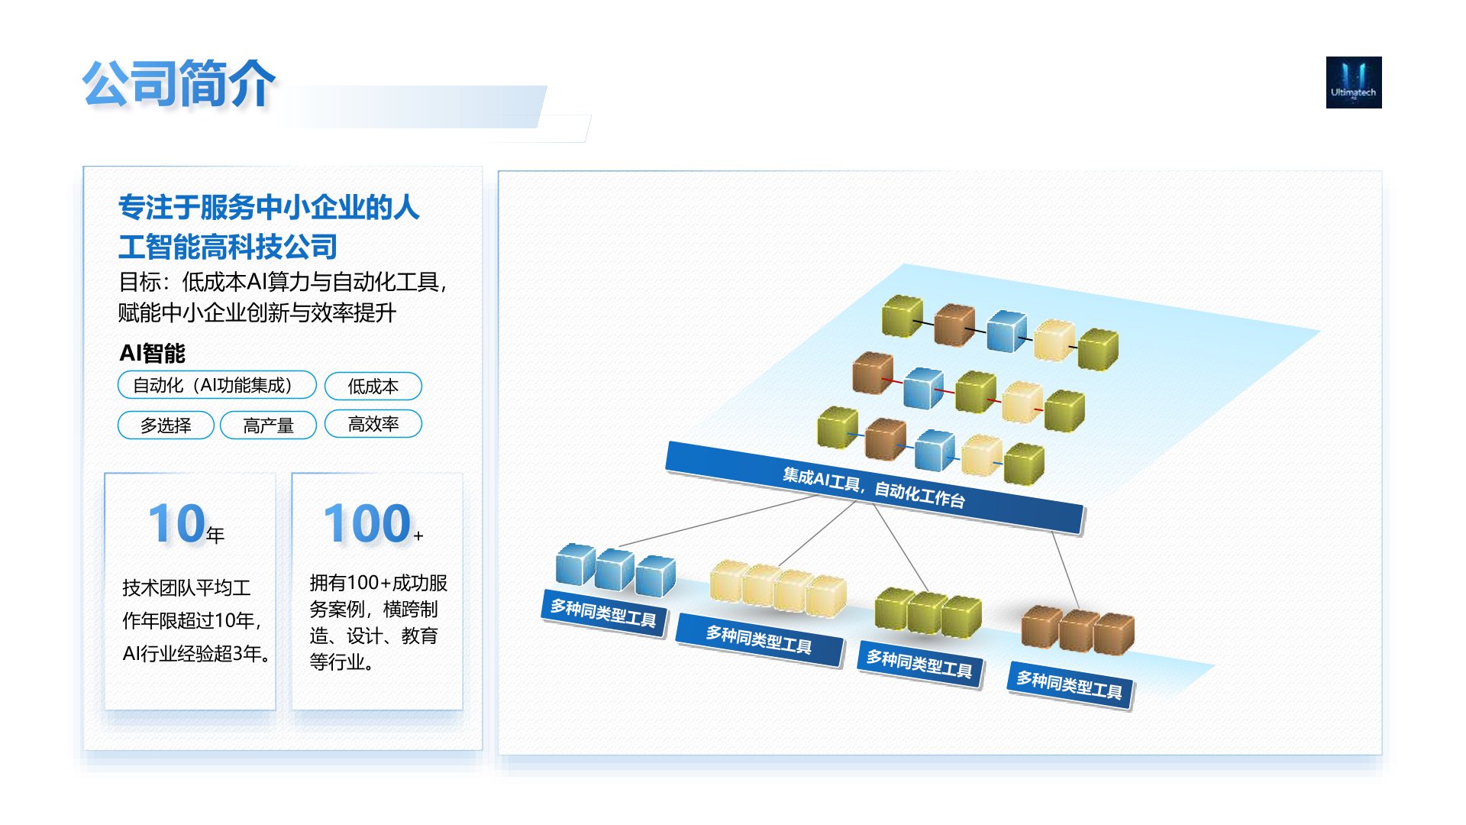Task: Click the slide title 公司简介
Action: click(x=179, y=83)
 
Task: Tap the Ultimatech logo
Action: click(x=1354, y=82)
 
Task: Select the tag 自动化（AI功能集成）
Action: click(x=217, y=385)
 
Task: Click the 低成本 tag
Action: click(x=373, y=386)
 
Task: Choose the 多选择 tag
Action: click(x=166, y=425)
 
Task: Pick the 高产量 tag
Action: click(x=268, y=425)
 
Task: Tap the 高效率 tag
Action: click(x=373, y=424)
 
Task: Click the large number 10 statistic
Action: click(x=176, y=524)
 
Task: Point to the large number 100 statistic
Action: click(x=367, y=524)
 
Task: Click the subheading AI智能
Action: click(x=153, y=353)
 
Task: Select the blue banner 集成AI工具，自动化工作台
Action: click(x=875, y=487)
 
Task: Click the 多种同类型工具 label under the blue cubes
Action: click(x=603, y=613)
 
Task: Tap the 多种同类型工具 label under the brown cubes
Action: click(x=1070, y=685)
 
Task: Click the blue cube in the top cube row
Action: click(x=1006, y=331)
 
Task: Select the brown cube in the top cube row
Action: click(x=954, y=325)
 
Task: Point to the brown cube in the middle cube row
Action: click(x=873, y=373)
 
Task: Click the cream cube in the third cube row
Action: click(x=981, y=455)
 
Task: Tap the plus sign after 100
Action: click(x=418, y=535)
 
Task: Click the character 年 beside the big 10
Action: click(x=215, y=535)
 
